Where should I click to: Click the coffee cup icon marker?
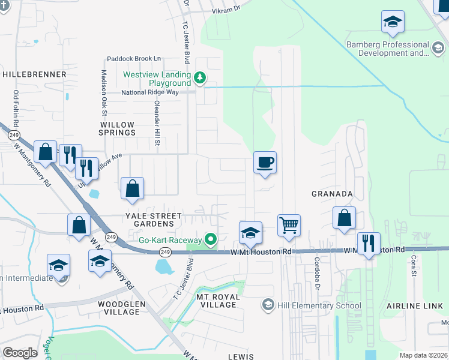click(265, 163)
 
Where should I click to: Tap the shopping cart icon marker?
click(289, 226)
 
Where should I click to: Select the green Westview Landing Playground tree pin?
click(200, 77)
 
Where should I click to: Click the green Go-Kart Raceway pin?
click(210, 240)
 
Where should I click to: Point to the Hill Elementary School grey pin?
click(268, 305)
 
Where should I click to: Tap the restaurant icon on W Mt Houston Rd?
click(369, 244)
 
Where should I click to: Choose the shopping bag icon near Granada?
click(345, 218)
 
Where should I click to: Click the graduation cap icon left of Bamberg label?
click(393, 22)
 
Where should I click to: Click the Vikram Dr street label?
click(225, 10)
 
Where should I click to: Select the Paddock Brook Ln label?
click(134, 59)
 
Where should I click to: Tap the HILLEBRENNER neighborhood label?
click(34, 74)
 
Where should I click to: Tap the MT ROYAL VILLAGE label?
click(218, 301)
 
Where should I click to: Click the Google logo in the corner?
click(20, 352)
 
